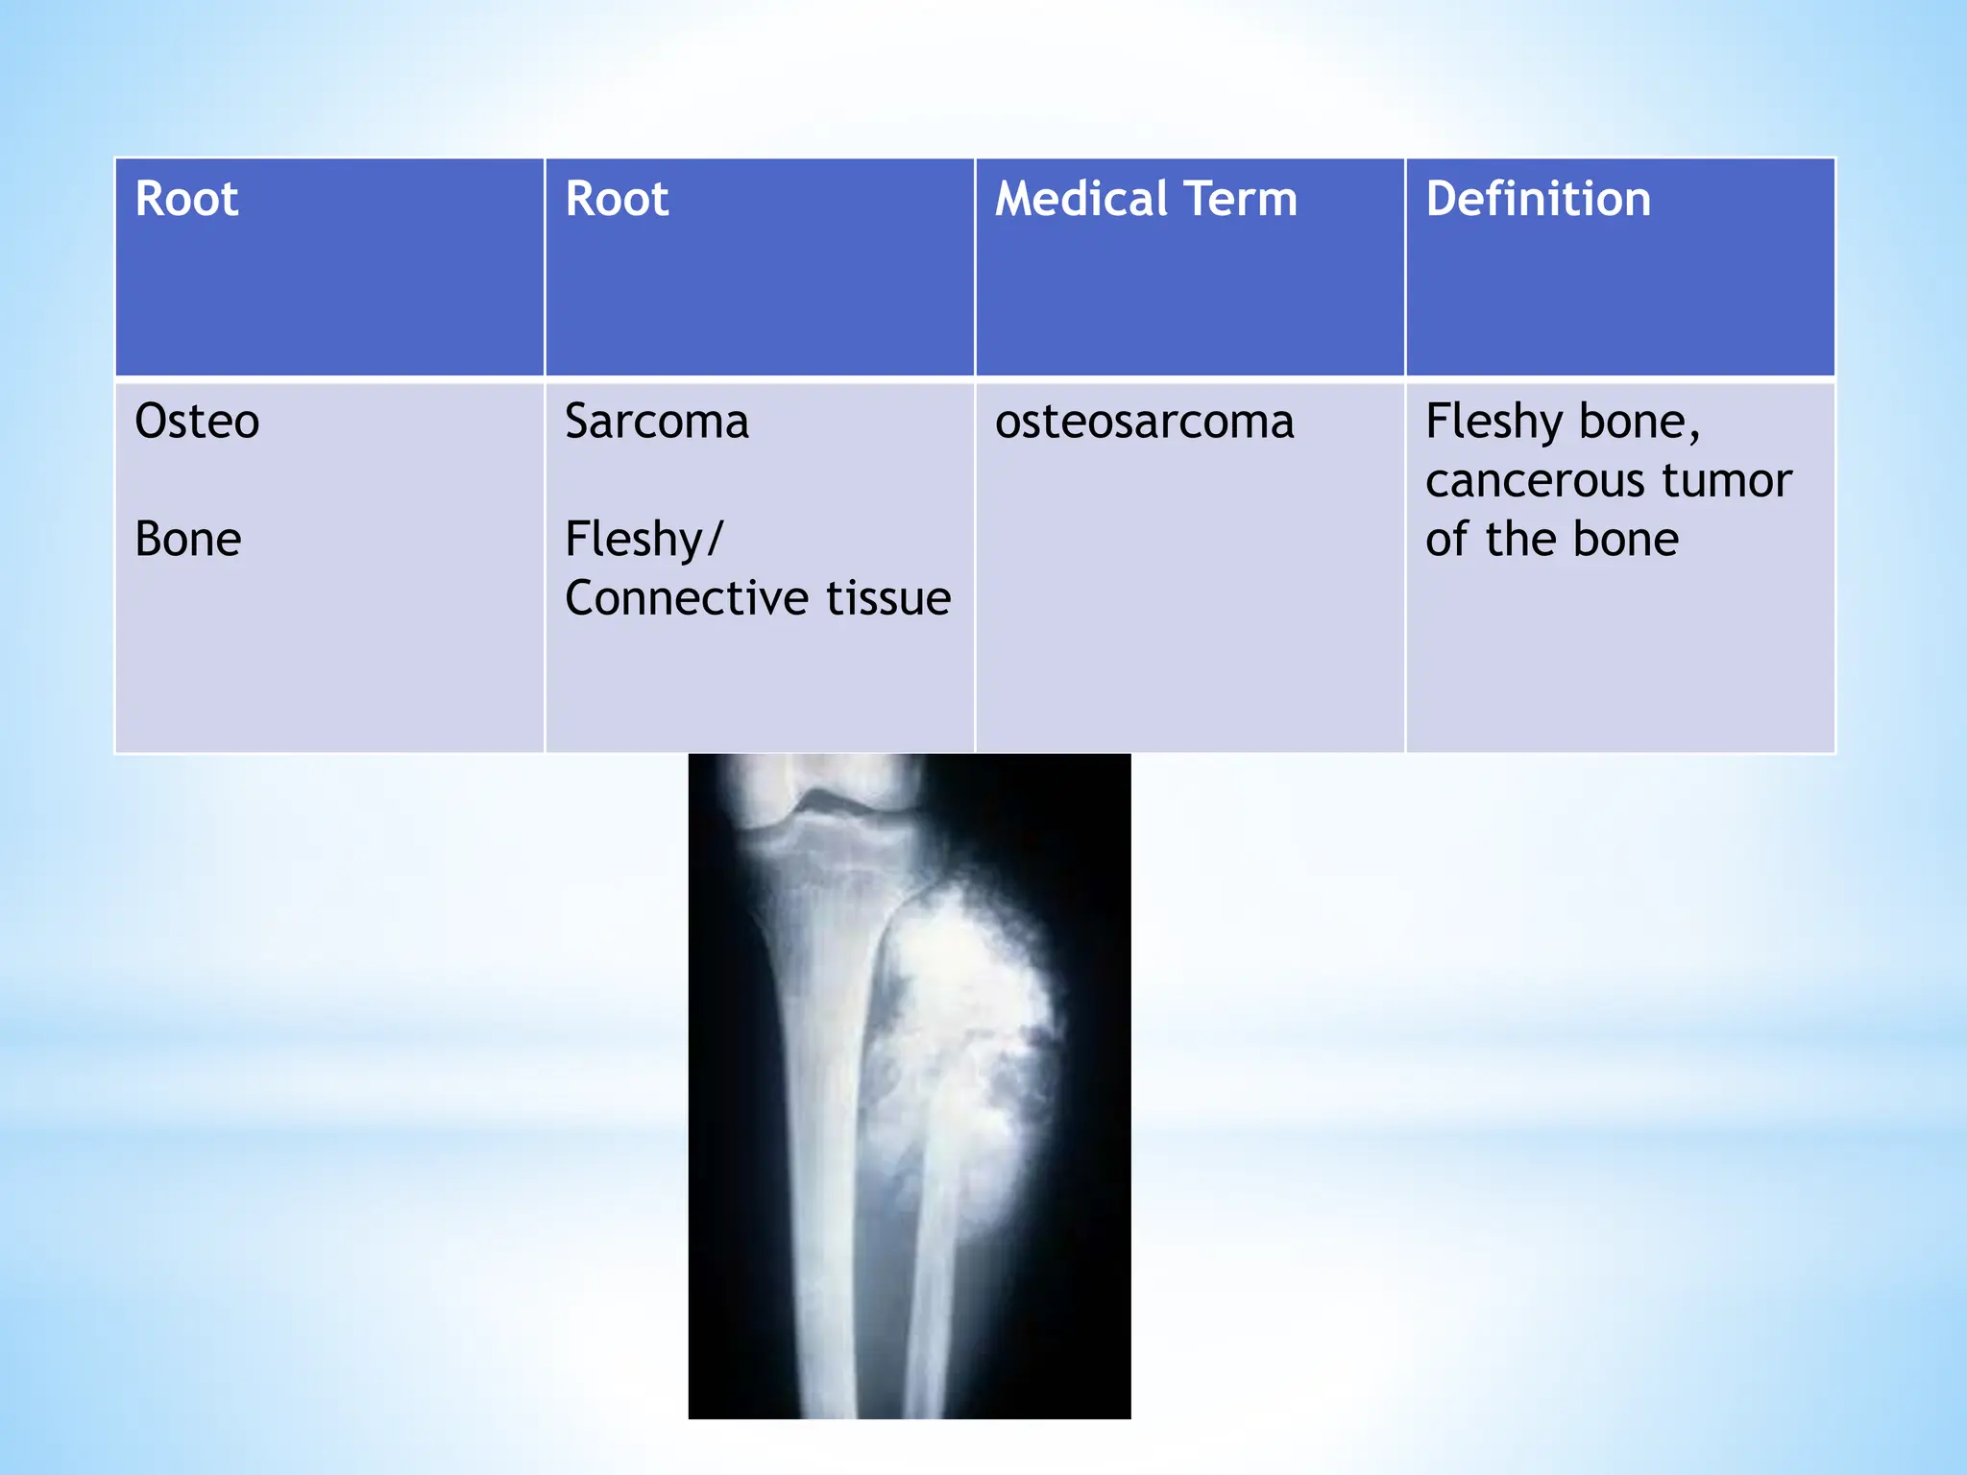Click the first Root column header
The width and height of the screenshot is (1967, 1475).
coord(186,199)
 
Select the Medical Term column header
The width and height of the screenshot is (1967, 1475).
coord(1146,199)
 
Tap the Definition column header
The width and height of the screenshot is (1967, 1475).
coord(1538,199)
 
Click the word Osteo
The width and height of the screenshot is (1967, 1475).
coord(197,422)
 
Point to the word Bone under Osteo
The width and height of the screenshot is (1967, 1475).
coord(188,539)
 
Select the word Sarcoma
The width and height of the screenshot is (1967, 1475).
coord(657,422)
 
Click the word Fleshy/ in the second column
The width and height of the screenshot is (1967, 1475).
coord(644,539)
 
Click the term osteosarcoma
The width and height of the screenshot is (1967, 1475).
coord(1144,422)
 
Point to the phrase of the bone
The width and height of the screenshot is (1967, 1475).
coord(1551,539)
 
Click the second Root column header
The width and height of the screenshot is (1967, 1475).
coord(617,199)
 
